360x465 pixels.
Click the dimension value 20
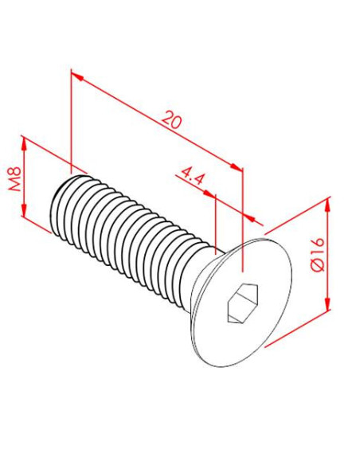pos(172,119)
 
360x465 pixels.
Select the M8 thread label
pos(14,178)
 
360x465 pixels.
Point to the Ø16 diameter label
pos(318,254)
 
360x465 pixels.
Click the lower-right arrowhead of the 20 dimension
pos(237,166)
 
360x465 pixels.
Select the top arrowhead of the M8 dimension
pos(24,144)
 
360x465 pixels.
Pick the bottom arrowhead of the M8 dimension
pos(24,209)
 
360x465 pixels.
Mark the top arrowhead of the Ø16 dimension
pos(327,205)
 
